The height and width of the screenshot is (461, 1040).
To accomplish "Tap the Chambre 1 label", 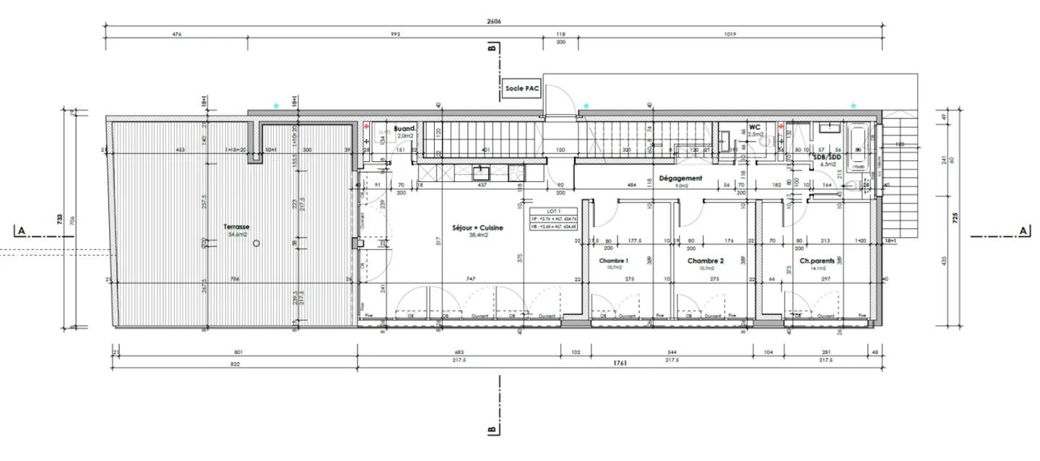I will point(613,261).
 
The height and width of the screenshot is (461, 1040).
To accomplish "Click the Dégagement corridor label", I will point(680,178).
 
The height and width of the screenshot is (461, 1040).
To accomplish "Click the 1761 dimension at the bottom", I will point(619,362).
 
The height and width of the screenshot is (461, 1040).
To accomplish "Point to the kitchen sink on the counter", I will point(480,172).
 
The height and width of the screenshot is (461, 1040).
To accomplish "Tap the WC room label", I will point(755,126).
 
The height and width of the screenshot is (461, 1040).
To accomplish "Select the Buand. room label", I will point(404,126).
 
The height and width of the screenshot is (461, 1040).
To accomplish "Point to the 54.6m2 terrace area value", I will point(238,235).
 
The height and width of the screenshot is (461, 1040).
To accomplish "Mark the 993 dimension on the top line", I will point(394,34).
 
